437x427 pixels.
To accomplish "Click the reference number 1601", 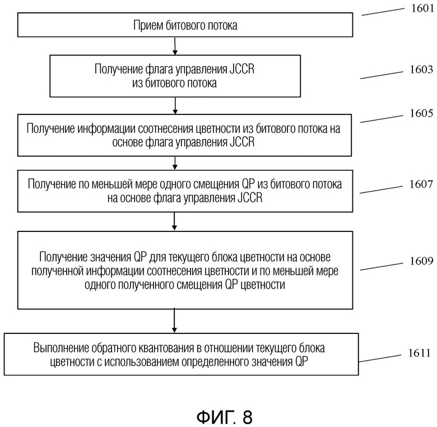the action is pos(422,8).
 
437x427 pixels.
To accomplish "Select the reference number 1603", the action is pos(421,69).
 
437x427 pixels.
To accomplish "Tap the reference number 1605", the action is pos(421,113).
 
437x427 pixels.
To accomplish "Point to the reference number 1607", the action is pos(421,184).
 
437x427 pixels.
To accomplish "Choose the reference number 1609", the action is pos(421,261).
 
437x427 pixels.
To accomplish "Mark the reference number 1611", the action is pos(420,353).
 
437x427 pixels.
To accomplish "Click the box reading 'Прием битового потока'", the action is pos(185,25).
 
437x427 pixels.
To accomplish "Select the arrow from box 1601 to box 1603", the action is pos(175,46).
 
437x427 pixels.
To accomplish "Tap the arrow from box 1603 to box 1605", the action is pos(175,106).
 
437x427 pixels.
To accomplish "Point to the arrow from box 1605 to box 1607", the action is pos(175,163).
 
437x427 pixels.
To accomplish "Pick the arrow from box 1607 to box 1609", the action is pos(174,221).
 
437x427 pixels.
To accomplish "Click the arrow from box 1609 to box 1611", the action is pos(174,321).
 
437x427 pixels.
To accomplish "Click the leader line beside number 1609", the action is pos(382,266).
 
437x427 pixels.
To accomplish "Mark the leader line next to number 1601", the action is pos(383,12).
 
